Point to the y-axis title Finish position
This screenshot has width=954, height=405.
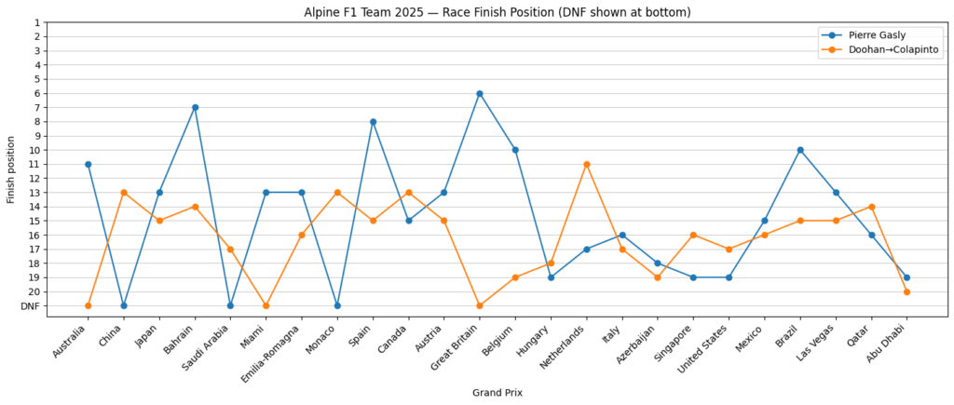pos(11,169)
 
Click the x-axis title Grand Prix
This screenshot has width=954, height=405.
pos(497,392)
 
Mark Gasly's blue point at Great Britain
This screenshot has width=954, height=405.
pos(480,93)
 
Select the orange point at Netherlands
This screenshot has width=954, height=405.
pos(586,164)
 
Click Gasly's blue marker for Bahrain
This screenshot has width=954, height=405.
pos(195,107)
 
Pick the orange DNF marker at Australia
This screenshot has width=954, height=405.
pos(88,305)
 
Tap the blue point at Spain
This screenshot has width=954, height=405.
pos(373,121)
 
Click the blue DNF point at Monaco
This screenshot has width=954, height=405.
pos(337,305)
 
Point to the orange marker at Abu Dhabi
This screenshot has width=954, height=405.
pos(906,291)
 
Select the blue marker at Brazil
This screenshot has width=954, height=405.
pos(800,150)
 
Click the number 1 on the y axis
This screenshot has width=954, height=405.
pos(62,22)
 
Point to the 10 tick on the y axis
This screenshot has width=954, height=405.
pos(60,150)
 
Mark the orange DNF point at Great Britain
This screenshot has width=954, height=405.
pos(480,305)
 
